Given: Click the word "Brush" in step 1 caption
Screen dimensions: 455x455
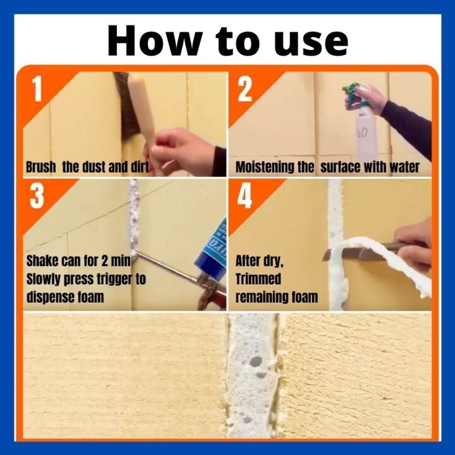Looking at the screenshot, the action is (x=41, y=167).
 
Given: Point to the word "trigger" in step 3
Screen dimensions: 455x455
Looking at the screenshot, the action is (x=114, y=280).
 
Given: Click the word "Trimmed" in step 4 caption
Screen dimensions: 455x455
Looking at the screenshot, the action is (x=258, y=279).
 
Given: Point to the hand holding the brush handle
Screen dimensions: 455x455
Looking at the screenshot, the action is (x=183, y=151).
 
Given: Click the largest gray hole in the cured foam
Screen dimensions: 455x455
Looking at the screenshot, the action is (x=255, y=361).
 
